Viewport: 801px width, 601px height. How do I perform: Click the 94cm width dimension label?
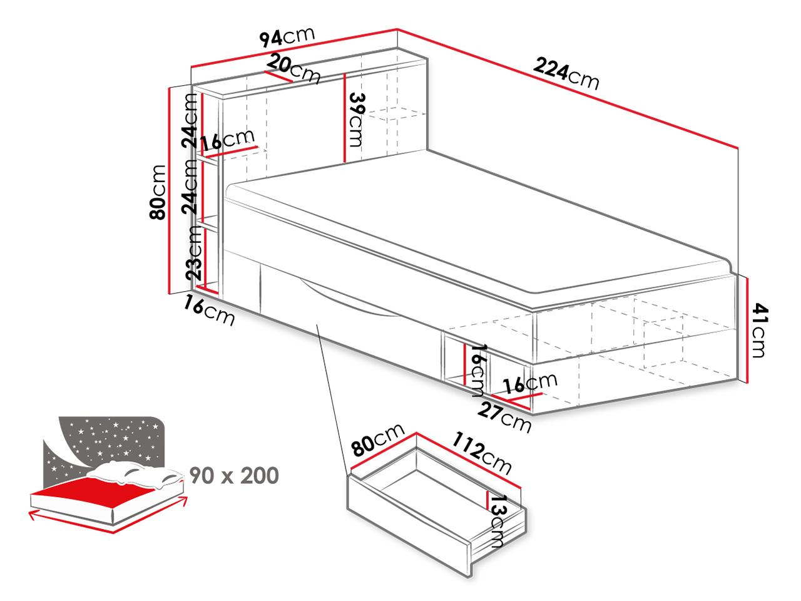pos(287,36)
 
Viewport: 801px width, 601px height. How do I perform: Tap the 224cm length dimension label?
pos(566,74)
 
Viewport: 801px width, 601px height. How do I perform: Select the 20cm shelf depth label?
pos(293,69)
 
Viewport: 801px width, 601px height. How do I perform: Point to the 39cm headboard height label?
pos(356,120)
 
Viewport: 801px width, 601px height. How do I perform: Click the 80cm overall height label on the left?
pos(158,192)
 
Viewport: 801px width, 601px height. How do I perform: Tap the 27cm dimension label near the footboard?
pos(504,417)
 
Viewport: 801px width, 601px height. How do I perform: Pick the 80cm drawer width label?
pos(378,439)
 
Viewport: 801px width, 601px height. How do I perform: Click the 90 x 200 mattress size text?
pos(234,476)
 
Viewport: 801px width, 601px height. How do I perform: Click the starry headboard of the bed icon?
pos(110,442)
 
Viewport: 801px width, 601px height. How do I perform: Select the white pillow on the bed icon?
pos(135,475)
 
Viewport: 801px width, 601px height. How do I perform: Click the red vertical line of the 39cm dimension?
pos(344,118)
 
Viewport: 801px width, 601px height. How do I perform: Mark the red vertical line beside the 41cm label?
pos(747,331)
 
